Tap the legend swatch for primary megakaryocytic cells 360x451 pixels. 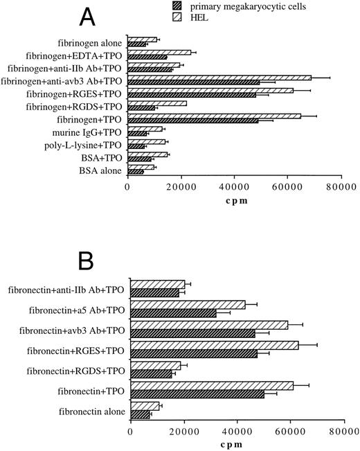(x=179, y=8)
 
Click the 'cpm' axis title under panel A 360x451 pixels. (x=234, y=200)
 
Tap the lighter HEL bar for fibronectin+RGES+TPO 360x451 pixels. (x=214, y=345)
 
